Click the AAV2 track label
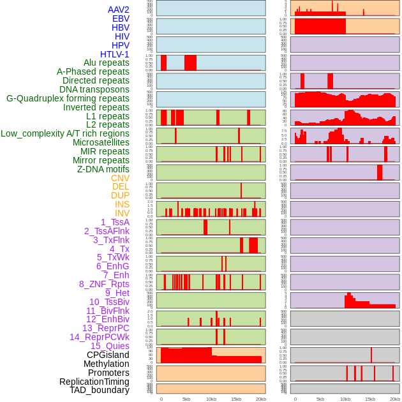[x=118, y=10]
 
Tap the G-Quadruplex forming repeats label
[x=68, y=98]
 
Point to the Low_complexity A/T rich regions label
[x=65, y=133]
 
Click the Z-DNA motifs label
[x=103, y=169]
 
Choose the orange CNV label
[x=120, y=178]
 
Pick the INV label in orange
[x=122, y=213]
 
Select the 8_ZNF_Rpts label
[x=104, y=284]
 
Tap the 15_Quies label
[x=110, y=346]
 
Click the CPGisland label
[x=108, y=355]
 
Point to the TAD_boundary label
[x=100, y=390]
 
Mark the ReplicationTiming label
[x=94, y=382]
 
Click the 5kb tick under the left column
[x=186, y=399]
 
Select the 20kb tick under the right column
[x=395, y=399]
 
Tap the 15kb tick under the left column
[x=236, y=399]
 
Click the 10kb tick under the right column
[x=345, y=399]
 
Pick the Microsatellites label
[x=101, y=142]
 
